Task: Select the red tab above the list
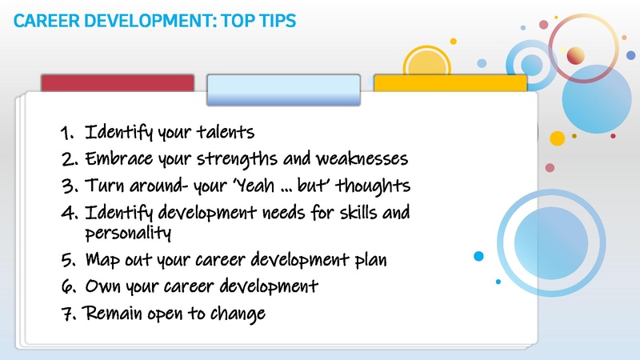[x=118, y=84]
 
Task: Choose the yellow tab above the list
[x=450, y=84]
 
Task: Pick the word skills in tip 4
[x=377, y=214]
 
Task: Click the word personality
[x=130, y=233]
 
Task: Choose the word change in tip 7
[x=237, y=314]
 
